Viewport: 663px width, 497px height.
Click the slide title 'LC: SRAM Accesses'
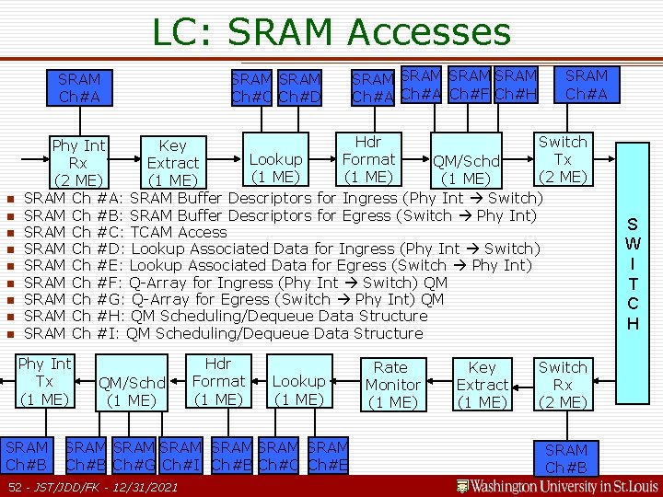(x=331, y=32)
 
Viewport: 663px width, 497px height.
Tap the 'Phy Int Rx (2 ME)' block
(x=78, y=162)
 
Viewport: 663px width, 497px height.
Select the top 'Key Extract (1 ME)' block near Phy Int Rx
(x=172, y=162)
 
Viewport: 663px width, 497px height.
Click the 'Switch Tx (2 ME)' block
(x=562, y=159)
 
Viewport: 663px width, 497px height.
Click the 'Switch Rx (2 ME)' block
(x=562, y=385)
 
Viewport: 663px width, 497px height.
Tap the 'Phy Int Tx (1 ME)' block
(x=45, y=381)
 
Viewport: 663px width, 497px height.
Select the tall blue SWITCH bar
(x=633, y=273)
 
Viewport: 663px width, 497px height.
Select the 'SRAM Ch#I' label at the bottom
(x=180, y=456)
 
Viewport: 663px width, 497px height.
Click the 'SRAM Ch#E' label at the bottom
(x=328, y=456)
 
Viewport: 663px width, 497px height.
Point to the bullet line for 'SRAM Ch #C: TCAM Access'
(x=124, y=232)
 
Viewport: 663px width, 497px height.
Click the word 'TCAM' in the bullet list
(x=156, y=232)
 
